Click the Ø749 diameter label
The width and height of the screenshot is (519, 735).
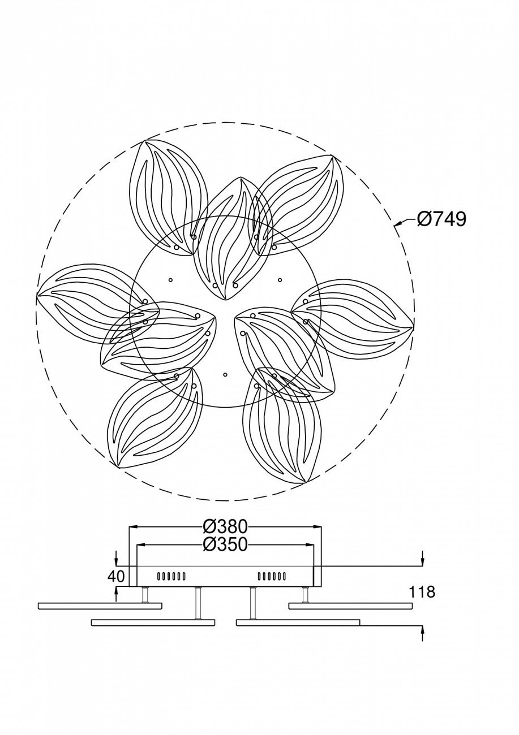pos(441,219)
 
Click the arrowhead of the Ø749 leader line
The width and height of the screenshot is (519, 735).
pos(397,225)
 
